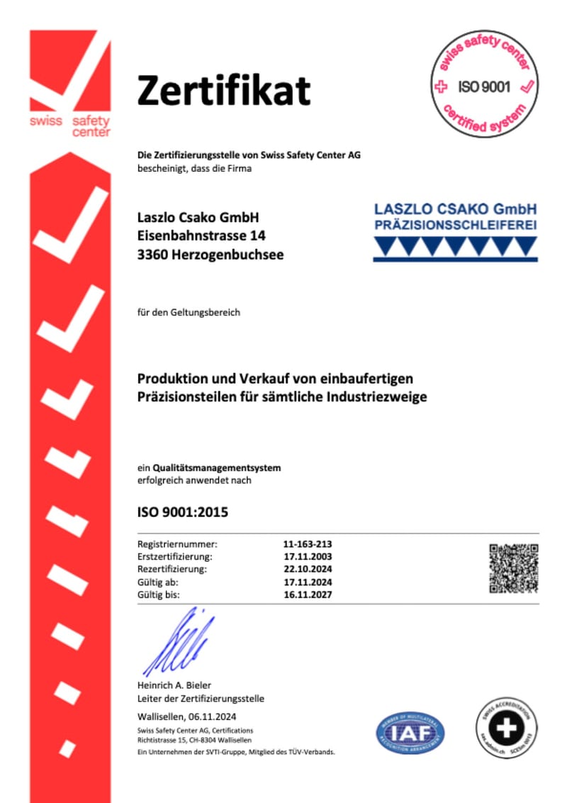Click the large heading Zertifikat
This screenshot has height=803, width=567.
tap(223, 91)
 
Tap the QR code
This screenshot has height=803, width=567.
tap(514, 568)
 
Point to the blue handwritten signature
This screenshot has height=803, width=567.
tap(178, 642)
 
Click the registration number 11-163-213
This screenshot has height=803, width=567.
tap(308, 544)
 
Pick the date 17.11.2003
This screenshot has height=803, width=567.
tap(308, 557)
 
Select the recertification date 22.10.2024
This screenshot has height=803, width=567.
tap(308, 569)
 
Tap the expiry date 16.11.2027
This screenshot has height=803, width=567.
tap(308, 594)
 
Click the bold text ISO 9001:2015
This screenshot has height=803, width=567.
tap(183, 511)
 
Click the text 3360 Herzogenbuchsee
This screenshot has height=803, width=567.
tap(210, 254)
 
